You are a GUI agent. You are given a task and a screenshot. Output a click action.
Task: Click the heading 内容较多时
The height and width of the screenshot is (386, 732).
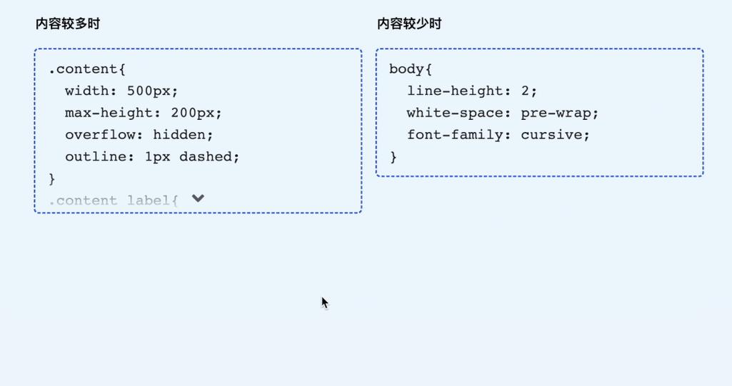click(x=68, y=24)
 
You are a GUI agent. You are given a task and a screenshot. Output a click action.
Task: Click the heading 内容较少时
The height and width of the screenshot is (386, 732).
click(x=409, y=24)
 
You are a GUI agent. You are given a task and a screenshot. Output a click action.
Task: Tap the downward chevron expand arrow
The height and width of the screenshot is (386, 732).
click(x=198, y=198)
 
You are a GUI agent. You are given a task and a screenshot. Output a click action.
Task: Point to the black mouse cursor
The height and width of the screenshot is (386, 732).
click(x=325, y=303)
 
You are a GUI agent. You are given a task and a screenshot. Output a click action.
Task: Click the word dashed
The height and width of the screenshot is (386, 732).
click(x=206, y=157)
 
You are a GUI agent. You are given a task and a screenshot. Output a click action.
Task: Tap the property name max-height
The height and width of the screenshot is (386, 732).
click(x=109, y=113)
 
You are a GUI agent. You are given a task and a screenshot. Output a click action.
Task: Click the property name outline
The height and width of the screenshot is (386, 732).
click(x=96, y=157)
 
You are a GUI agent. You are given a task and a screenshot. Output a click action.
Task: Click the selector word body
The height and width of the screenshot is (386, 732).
click(x=406, y=69)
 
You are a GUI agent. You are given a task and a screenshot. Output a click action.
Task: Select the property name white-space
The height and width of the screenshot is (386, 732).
click(x=451, y=113)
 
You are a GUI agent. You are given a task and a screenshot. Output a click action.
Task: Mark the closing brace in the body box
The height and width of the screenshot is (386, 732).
click(x=393, y=157)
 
